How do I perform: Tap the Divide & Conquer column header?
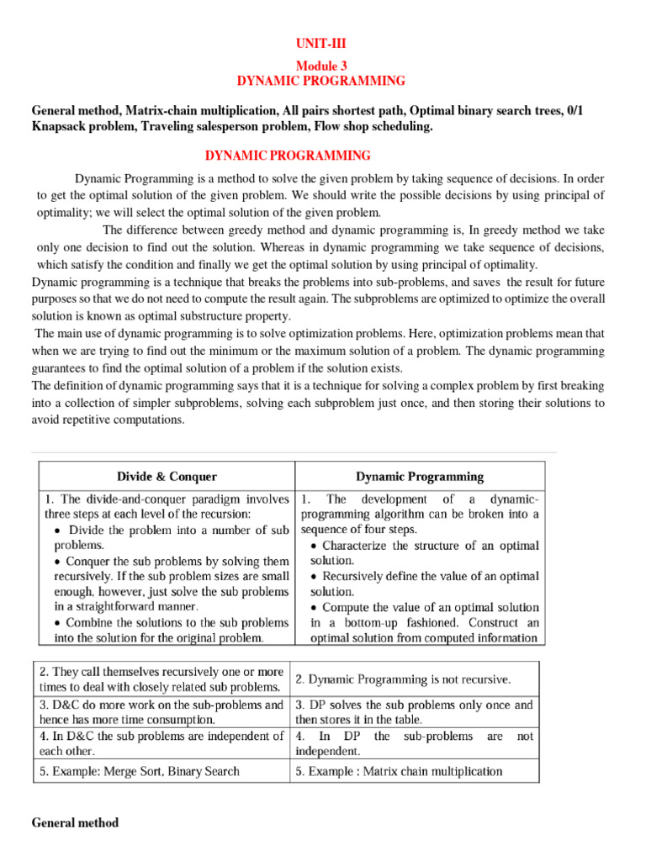click(167, 477)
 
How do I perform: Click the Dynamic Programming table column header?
click(420, 477)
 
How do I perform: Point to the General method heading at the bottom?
click(75, 823)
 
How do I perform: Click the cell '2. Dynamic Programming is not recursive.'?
click(403, 679)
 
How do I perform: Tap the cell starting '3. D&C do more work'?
click(161, 712)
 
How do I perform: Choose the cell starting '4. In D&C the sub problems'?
click(161, 743)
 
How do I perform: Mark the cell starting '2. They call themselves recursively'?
click(161, 679)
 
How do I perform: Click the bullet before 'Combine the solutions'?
click(56, 623)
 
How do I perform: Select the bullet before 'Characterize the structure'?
click(314, 546)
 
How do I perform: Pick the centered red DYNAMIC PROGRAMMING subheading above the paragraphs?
click(289, 156)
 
